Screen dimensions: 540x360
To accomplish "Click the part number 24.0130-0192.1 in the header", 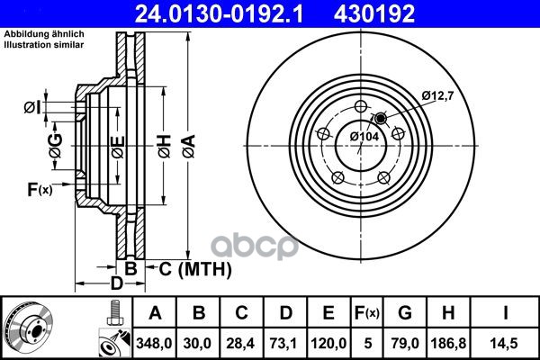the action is pyautogui.click(x=219, y=13).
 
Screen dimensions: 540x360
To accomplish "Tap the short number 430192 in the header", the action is pyautogui.click(x=374, y=13).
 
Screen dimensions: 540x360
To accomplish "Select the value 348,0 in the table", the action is pyautogui.click(x=154, y=344).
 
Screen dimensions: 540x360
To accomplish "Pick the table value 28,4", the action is pyautogui.click(x=240, y=344).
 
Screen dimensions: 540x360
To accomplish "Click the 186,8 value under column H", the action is pyautogui.click(x=449, y=344).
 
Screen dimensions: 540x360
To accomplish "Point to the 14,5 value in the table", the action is pyautogui.click(x=505, y=344).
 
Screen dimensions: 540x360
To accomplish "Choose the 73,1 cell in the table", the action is pyautogui.click(x=284, y=344).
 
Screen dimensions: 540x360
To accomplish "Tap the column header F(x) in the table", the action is pyautogui.click(x=367, y=313).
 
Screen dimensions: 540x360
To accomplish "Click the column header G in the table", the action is pyautogui.click(x=405, y=313).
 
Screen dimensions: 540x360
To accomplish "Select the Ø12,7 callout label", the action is pyautogui.click(x=437, y=95).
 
